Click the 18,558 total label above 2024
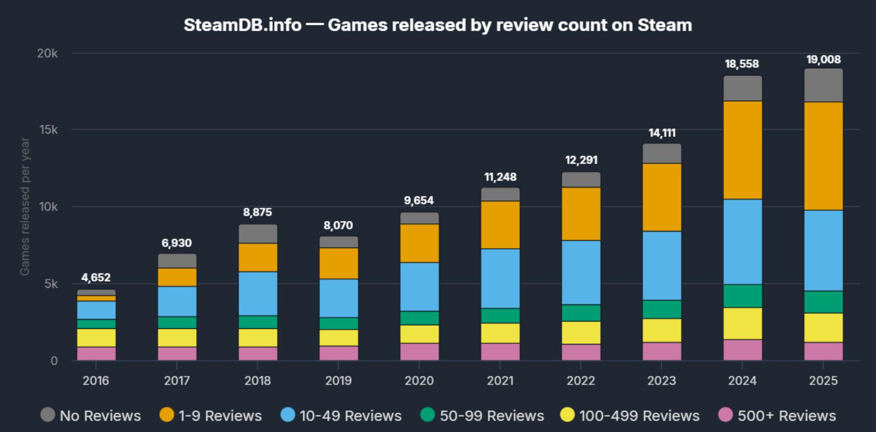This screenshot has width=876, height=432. pos(742,64)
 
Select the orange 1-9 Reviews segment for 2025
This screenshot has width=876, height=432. pos(823,156)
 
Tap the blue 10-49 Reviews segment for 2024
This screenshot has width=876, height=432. pos(742,242)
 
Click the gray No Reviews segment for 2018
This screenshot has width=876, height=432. pos(258,234)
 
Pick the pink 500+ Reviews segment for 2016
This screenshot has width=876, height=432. pos(96,353)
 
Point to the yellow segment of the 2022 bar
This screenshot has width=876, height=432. pos(581,333)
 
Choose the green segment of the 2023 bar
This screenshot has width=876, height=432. pos(662,309)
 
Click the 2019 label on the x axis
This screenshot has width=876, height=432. pos(338,380)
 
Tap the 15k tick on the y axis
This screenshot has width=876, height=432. pos(48,130)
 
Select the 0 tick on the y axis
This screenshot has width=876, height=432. pos(54,361)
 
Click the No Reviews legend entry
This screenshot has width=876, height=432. pos(91,415)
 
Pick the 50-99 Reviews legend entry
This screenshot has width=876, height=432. pos(482,415)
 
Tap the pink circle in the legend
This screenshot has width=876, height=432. pos(725,414)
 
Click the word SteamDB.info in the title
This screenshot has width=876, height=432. pos(242,25)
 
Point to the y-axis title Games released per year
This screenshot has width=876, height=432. pos(24,206)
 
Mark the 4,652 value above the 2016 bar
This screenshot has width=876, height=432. pos(96,277)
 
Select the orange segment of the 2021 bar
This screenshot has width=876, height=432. pos(500,225)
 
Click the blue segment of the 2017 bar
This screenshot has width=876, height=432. pos(177,301)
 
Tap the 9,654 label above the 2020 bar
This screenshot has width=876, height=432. pos(419,200)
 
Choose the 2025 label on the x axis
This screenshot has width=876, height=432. pos(823,380)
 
